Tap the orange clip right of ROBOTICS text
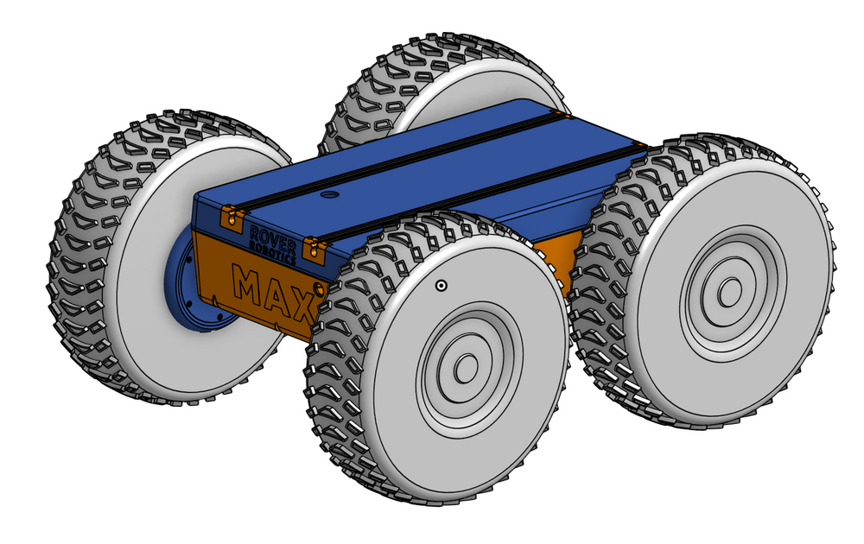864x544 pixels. point(315,250)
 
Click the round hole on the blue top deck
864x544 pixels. point(327,196)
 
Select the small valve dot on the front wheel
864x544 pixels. point(441,286)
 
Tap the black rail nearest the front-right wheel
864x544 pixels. point(484,194)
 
